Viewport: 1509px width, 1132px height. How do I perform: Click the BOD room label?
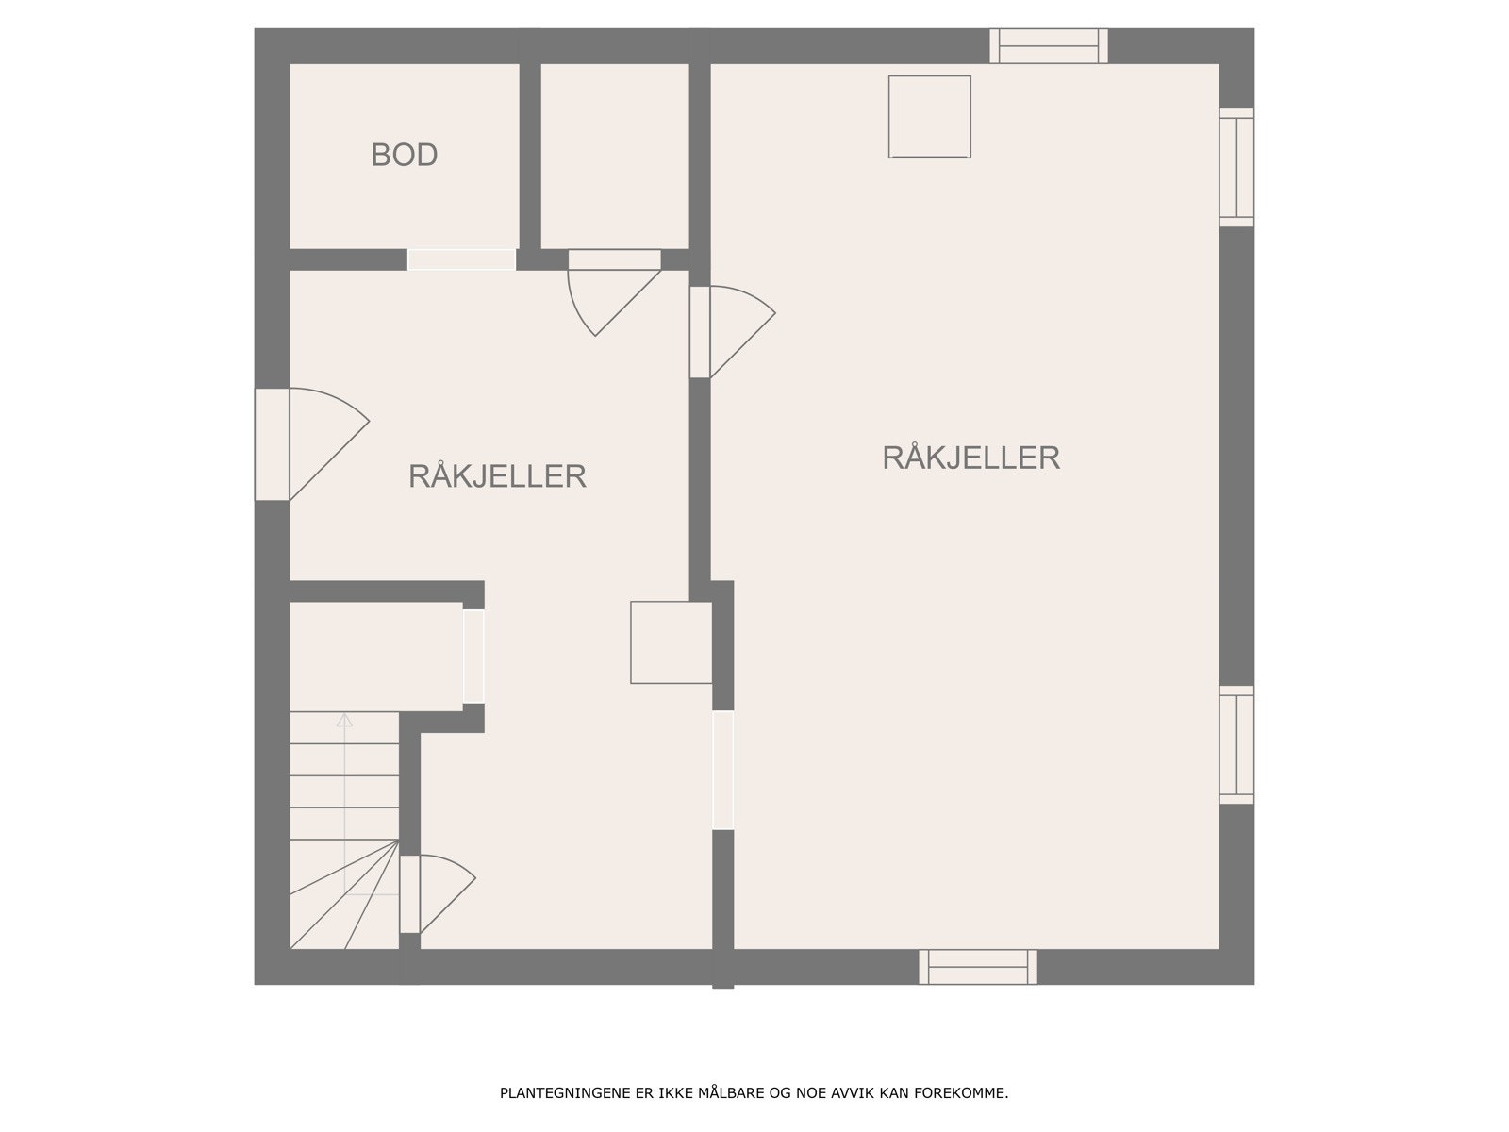[404, 155]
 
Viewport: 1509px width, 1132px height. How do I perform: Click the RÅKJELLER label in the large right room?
[970, 458]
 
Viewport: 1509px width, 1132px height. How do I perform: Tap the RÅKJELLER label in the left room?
[497, 476]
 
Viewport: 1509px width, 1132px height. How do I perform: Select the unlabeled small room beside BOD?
[614, 156]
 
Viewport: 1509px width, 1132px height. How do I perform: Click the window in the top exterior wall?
[1048, 46]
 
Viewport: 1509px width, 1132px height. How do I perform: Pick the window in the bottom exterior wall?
[978, 967]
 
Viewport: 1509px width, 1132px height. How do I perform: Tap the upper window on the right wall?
[1236, 167]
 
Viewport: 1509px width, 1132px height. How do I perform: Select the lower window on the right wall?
[1236, 745]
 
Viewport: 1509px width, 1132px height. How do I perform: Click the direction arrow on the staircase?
[344, 722]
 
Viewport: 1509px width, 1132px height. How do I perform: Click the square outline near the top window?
[929, 116]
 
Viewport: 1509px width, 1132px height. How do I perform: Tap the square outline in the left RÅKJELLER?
[671, 642]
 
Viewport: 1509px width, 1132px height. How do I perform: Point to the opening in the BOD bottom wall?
[461, 259]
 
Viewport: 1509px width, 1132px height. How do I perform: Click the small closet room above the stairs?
[374, 656]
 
